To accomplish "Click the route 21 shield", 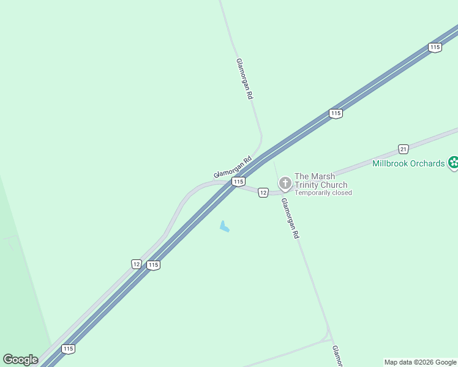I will pyautogui.click(x=403, y=149).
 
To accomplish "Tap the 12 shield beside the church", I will pyautogui.click(x=263, y=193).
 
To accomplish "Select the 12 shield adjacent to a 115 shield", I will pyautogui.click(x=137, y=264).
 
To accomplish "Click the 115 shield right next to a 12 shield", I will pyautogui.click(x=153, y=265).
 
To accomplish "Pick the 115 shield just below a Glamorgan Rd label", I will pyautogui.click(x=238, y=182).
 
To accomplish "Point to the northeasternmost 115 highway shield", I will pyautogui.click(x=435, y=48).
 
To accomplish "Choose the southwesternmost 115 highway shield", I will pyautogui.click(x=68, y=349).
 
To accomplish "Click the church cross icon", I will pyautogui.click(x=285, y=183).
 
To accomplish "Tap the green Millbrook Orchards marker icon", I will pyautogui.click(x=453, y=163).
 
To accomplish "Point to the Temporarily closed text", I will pyautogui.click(x=323, y=193).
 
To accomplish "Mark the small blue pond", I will pyautogui.click(x=224, y=227).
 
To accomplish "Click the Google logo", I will pyautogui.click(x=21, y=360).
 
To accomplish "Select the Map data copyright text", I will pyautogui.click(x=420, y=362).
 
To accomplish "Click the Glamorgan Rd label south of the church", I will pyautogui.click(x=290, y=218).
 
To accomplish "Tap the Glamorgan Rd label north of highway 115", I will pyautogui.click(x=244, y=79).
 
